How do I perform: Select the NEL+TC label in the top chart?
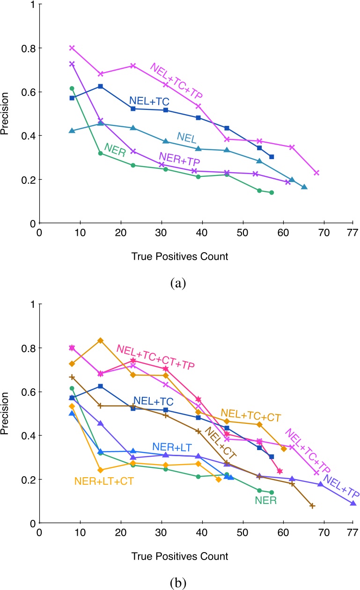click(149, 100)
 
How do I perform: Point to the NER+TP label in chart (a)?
click(180, 159)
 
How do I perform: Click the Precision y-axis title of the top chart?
click(6, 114)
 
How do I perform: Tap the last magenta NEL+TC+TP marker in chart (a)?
click(316, 173)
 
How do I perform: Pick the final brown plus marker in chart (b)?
click(312, 506)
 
